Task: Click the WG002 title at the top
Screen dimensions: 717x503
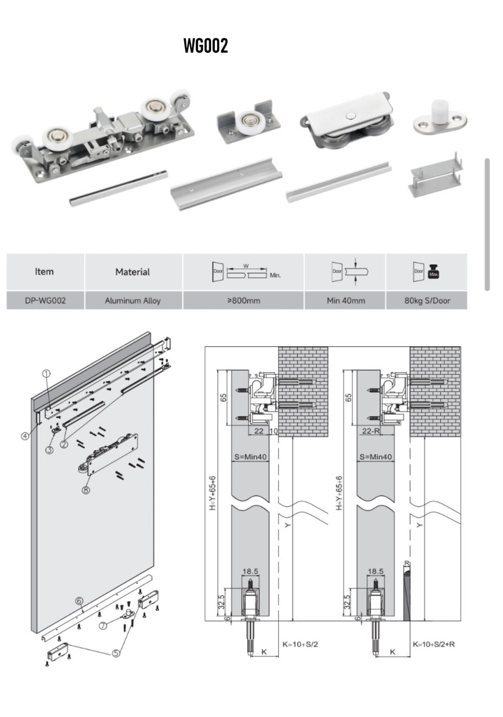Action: tap(205, 46)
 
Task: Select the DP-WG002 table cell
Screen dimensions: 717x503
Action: tap(45, 301)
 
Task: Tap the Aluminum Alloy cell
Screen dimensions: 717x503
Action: tap(133, 301)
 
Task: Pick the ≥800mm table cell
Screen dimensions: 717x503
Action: tap(243, 301)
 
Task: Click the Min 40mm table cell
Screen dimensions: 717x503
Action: tap(346, 301)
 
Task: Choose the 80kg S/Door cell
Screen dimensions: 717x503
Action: tap(427, 301)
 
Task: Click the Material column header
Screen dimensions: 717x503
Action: tap(133, 272)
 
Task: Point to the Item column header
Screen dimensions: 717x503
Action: tap(44, 271)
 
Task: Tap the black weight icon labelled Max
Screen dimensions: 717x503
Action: tap(434, 272)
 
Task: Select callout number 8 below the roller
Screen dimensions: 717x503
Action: tap(86, 489)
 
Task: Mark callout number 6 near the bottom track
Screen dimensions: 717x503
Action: tap(79, 601)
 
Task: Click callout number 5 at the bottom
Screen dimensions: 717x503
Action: tap(116, 653)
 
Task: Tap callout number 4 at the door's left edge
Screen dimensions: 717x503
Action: tap(25, 436)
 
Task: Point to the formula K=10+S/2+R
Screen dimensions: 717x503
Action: tap(434, 644)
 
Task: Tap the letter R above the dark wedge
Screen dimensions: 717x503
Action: tap(407, 563)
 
